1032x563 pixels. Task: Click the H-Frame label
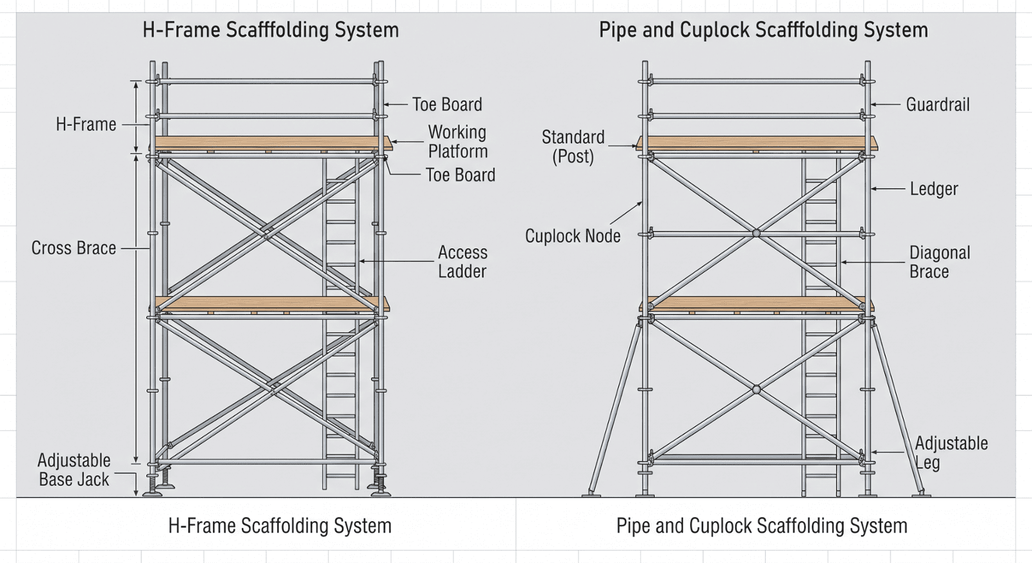point(86,124)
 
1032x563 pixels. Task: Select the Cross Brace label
point(74,248)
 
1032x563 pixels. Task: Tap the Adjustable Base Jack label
point(74,470)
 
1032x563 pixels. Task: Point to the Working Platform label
point(457,142)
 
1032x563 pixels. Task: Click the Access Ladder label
point(462,262)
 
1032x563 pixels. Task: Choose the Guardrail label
point(938,104)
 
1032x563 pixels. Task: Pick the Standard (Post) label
point(573,147)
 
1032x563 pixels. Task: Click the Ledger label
point(934,189)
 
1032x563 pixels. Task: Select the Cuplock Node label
point(573,236)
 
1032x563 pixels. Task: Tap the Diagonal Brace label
point(939,262)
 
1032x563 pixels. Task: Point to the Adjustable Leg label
point(951,453)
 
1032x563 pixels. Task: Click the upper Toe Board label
point(447,104)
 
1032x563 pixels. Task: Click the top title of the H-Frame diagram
point(270,30)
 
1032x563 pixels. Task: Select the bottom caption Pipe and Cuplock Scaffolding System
point(762,526)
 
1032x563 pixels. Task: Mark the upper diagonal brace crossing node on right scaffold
point(756,233)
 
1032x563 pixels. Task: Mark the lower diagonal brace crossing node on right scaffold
point(756,390)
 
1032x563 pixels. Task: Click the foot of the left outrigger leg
point(591,494)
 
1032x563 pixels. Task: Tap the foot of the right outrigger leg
point(922,494)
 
